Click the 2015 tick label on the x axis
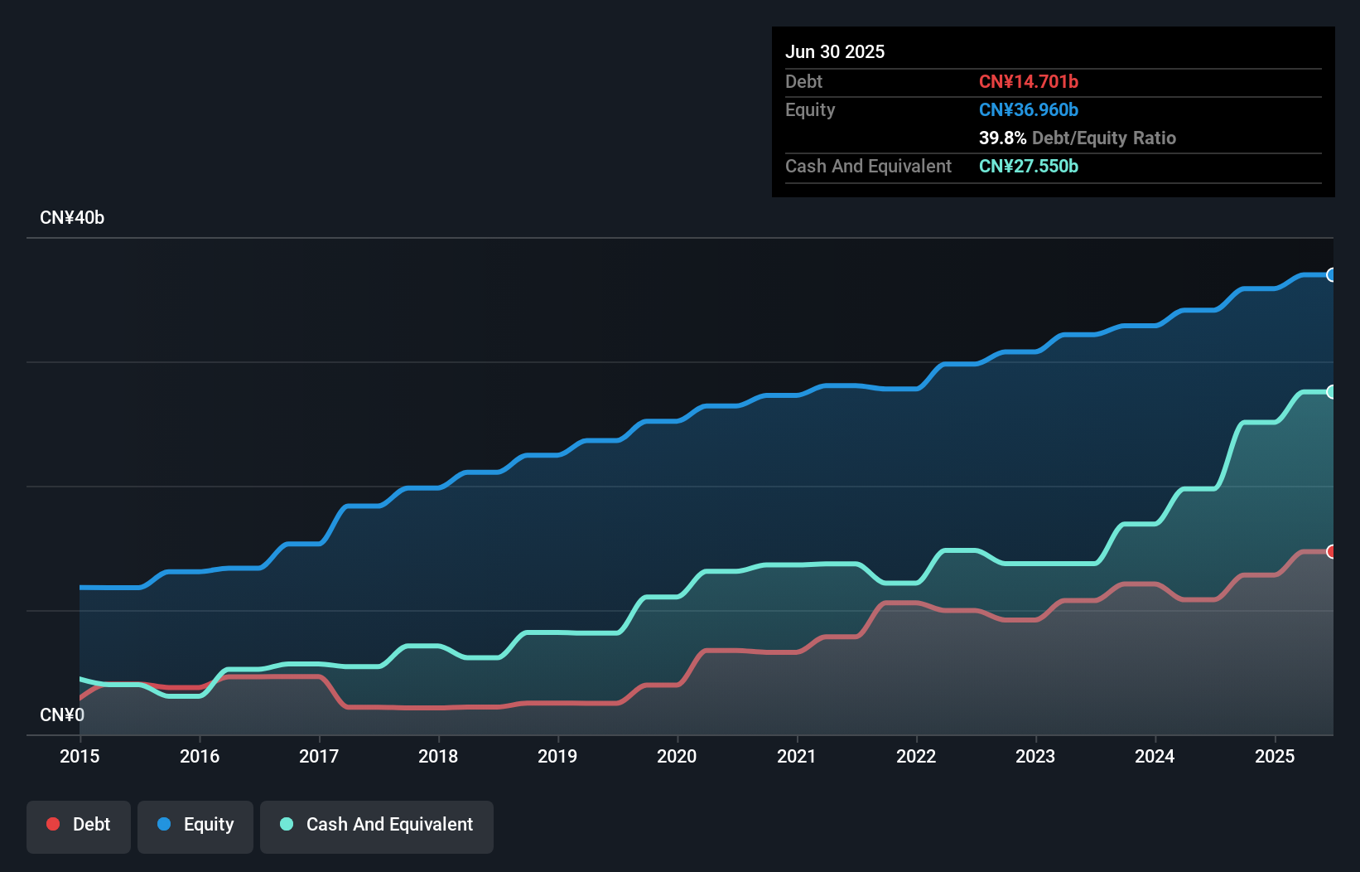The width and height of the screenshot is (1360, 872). pyautogui.click(x=80, y=756)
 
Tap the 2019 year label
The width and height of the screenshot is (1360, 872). pyautogui.click(x=557, y=756)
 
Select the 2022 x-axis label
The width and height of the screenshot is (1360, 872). pyautogui.click(x=916, y=756)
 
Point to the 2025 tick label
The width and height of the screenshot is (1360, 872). pyautogui.click(x=1274, y=756)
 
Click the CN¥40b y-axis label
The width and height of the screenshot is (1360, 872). pyautogui.click(x=72, y=218)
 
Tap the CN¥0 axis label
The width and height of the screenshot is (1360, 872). pyautogui.click(x=62, y=715)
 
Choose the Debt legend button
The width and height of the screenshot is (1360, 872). pyautogui.click(x=79, y=825)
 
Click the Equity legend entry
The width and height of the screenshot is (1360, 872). pyautogui.click(x=195, y=825)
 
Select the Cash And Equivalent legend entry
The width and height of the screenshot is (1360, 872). pyautogui.click(x=377, y=825)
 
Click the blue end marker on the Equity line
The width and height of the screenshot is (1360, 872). pyautogui.click(x=1331, y=275)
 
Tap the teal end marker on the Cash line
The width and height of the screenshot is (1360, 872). pyautogui.click(x=1331, y=392)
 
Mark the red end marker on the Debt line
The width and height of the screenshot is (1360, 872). pyautogui.click(x=1331, y=551)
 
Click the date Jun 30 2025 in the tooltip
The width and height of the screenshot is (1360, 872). pyautogui.click(x=835, y=52)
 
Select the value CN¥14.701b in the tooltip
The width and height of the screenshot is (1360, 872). pyautogui.click(x=1028, y=81)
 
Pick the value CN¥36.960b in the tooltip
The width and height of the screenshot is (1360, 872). pyautogui.click(x=1028, y=109)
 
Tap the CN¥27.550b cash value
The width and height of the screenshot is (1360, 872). pyautogui.click(x=1028, y=166)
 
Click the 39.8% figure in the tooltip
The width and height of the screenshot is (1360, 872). pyautogui.click(x=1002, y=138)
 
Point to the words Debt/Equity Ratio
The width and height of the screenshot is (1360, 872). pyautogui.click(x=1103, y=138)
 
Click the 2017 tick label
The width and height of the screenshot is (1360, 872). pyautogui.click(x=319, y=756)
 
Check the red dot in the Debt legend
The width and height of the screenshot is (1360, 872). pyautogui.click(x=53, y=824)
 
